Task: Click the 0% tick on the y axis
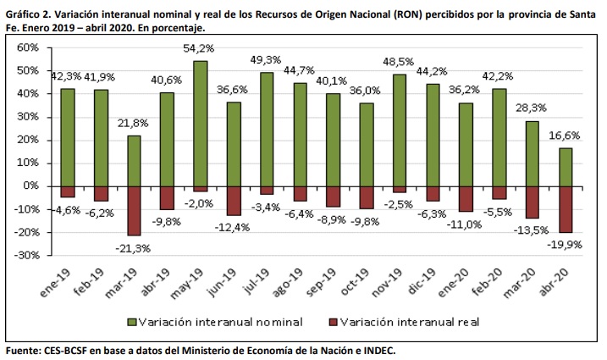[31, 186]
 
